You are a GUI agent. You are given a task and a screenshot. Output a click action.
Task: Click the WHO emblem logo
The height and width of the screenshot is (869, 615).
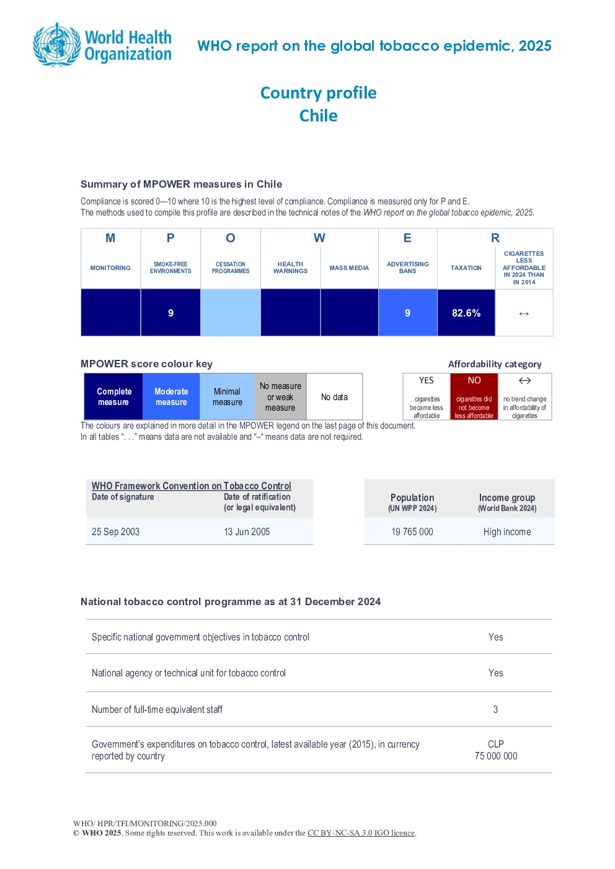[x=58, y=45]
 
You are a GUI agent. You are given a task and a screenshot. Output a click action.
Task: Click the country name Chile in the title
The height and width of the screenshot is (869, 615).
[x=319, y=116]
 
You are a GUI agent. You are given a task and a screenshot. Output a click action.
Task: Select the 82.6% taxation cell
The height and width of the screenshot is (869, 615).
[x=466, y=313]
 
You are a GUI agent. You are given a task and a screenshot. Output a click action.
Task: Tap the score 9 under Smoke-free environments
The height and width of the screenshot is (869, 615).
[x=170, y=313]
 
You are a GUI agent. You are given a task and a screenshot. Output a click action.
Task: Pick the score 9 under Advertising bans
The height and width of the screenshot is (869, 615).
[x=407, y=313]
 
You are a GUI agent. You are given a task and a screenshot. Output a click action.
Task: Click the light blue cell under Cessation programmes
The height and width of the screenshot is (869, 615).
[x=230, y=313]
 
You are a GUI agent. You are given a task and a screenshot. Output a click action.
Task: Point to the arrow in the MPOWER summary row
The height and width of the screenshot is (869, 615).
[x=524, y=313]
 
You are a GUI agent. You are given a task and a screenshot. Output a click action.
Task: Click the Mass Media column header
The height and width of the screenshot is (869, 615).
[x=349, y=268]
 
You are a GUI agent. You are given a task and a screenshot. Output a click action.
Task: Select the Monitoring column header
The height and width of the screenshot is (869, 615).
[x=110, y=268]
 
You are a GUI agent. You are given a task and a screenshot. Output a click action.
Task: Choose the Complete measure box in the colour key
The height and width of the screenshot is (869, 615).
[x=113, y=396]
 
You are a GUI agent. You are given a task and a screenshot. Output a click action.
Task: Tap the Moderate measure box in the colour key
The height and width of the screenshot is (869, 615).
[x=171, y=396]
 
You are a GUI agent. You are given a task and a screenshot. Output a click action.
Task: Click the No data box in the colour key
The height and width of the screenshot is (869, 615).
[x=334, y=396]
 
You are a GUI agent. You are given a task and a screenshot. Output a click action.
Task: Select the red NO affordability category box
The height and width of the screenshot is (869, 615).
[x=474, y=396]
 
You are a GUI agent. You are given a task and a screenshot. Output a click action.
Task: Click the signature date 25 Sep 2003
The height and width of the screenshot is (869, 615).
[x=115, y=531]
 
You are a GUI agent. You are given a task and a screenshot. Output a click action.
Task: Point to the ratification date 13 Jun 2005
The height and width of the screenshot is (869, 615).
[x=247, y=531]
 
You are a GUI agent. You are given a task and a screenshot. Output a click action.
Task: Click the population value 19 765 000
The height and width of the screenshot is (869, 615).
[x=412, y=531]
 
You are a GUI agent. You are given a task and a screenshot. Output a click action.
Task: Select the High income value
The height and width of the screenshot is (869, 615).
[x=507, y=531]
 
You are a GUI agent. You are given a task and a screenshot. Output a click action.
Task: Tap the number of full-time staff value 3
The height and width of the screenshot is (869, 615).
[x=495, y=709]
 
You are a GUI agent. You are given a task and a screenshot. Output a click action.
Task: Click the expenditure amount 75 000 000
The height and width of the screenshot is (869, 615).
[x=496, y=756]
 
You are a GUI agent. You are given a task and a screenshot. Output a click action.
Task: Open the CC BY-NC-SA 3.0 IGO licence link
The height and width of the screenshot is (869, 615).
[x=361, y=832]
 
